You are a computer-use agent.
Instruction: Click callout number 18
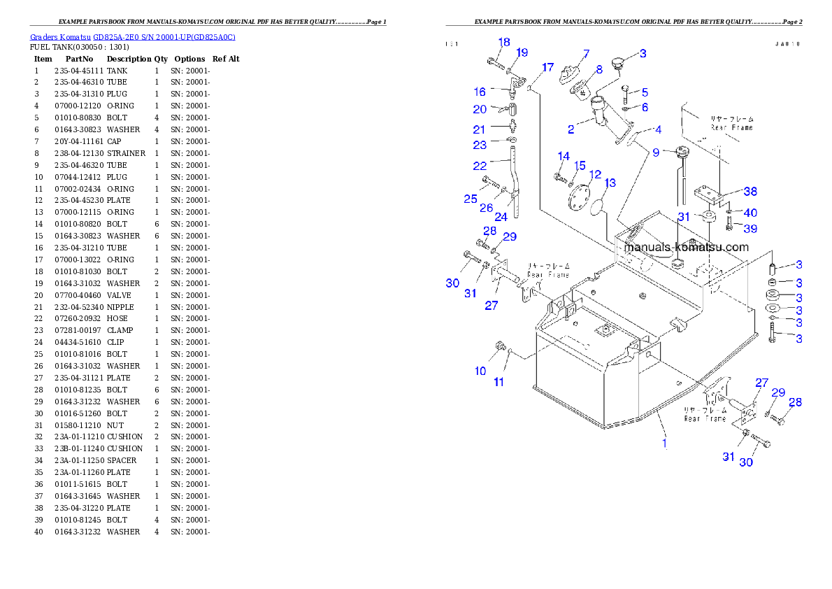[504, 43]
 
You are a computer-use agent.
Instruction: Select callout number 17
[547, 68]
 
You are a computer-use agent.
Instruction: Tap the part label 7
[586, 53]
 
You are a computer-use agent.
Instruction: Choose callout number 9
[656, 152]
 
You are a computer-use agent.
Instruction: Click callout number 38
[750, 191]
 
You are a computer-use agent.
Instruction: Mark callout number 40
[750, 213]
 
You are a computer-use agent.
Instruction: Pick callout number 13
[610, 183]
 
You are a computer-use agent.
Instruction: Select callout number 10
[480, 371]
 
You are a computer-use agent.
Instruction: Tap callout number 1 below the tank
[665, 443]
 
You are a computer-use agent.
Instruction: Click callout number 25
[471, 199]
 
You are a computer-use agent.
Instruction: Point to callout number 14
[564, 156]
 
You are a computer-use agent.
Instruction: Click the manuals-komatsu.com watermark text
[686, 247]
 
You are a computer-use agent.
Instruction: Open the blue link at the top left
[133, 36]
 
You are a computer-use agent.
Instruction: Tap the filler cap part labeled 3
[617, 64]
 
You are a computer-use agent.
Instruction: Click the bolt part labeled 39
[729, 225]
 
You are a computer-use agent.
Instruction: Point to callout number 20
[480, 109]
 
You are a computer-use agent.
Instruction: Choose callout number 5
[645, 92]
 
